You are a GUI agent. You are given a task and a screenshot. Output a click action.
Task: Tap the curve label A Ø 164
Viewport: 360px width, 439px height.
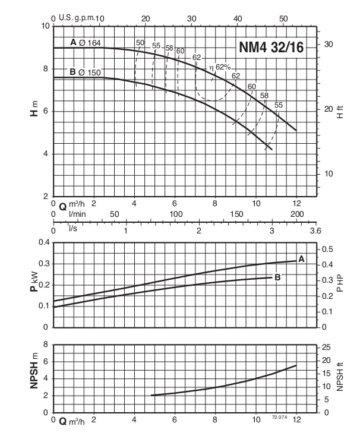[x=86, y=42]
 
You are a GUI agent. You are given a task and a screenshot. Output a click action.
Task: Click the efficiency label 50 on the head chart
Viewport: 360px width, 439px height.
[x=140, y=42]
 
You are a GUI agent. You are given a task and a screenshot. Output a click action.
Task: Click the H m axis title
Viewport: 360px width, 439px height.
[x=34, y=110]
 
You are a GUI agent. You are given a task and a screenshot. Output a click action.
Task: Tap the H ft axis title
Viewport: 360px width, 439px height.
[x=340, y=111]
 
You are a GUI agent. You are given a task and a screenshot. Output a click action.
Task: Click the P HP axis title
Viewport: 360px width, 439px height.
[x=340, y=285]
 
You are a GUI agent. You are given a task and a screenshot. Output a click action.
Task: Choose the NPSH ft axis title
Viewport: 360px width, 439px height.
[x=340, y=378]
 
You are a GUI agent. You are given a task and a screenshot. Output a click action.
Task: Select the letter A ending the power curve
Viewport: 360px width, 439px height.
[x=301, y=259]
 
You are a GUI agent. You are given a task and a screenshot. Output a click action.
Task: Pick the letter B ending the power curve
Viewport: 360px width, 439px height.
[x=277, y=277]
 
